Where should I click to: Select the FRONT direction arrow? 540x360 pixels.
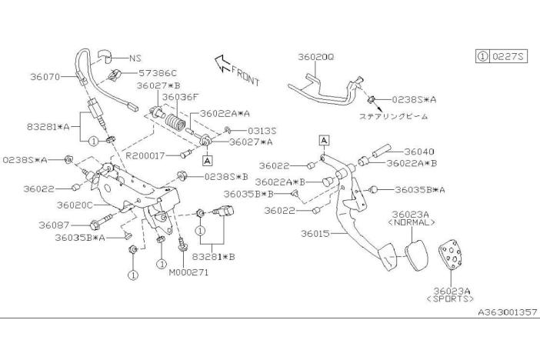pos(237,70)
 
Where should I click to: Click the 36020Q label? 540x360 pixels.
pos(316,56)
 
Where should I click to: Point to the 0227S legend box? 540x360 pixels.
pos(501,57)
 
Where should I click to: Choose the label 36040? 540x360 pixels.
pos(418,152)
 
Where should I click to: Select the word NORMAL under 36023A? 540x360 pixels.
pos(412,222)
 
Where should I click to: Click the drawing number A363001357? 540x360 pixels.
pos(504,314)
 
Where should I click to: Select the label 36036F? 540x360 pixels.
pos(180,97)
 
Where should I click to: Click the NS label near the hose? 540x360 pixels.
pos(135,58)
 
